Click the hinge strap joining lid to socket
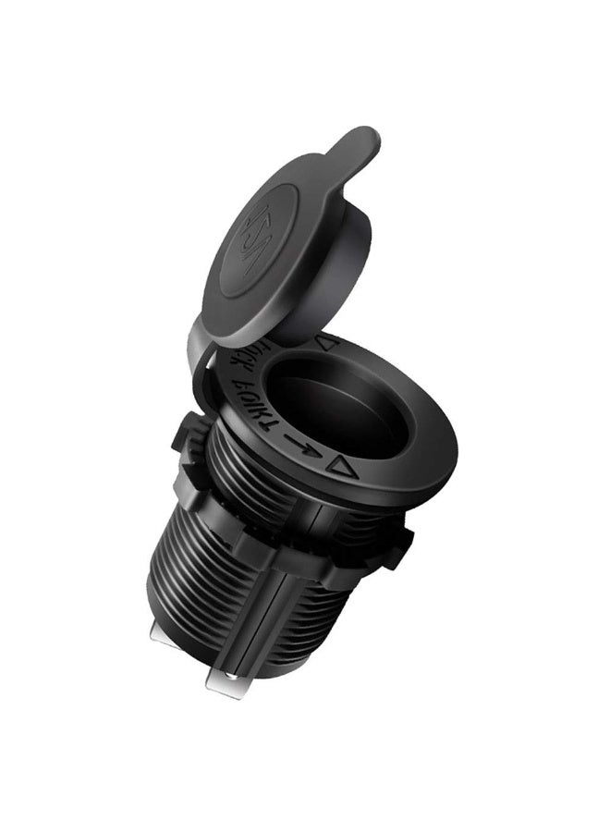(x=201, y=356)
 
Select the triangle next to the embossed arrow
(x=344, y=467)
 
